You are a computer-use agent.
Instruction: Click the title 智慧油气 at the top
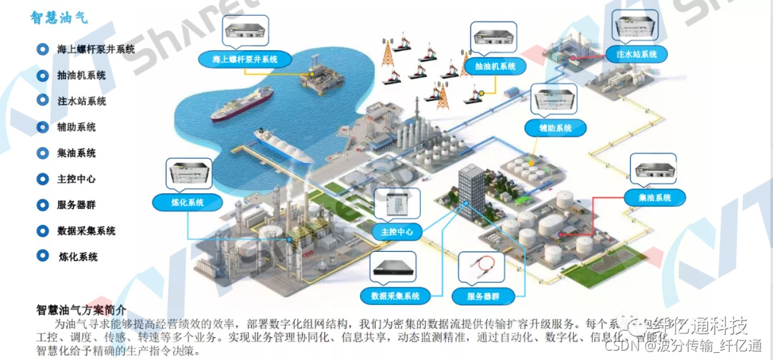pyautogui.click(x=59, y=18)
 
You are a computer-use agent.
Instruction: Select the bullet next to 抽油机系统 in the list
pyautogui.click(x=41, y=75)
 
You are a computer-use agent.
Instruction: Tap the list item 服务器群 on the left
pyautogui.click(x=76, y=205)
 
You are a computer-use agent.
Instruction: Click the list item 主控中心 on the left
pyautogui.click(x=76, y=179)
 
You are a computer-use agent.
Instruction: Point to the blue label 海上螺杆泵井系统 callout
pyautogui.click(x=240, y=59)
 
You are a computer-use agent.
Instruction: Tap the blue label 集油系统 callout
pyautogui.click(x=653, y=197)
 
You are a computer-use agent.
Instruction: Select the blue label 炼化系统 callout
pyautogui.click(x=188, y=203)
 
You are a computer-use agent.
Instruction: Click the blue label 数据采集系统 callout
pyautogui.click(x=395, y=295)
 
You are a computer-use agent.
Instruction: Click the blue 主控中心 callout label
pyautogui.click(x=397, y=232)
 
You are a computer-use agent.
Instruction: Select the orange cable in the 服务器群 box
pyautogui.click(x=482, y=268)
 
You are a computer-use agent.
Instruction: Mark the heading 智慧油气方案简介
pyautogui.click(x=81, y=310)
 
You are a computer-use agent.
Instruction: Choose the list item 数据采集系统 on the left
pyautogui.click(x=86, y=231)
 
